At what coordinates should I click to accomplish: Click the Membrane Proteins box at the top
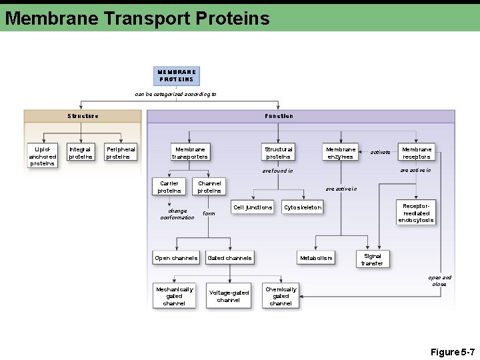click(177, 75)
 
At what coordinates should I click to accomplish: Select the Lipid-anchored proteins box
click(43, 155)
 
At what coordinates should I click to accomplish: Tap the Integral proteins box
click(81, 153)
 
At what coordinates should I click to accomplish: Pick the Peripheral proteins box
click(121, 153)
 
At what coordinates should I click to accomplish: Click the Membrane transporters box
click(190, 153)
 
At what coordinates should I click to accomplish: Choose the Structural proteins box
click(278, 153)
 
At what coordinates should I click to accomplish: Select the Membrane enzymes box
click(340, 153)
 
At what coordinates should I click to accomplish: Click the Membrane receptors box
click(416, 153)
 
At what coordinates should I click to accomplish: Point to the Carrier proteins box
click(169, 187)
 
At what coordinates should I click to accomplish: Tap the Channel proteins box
click(209, 187)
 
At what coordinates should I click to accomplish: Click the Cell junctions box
click(253, 207)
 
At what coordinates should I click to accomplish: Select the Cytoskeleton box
click(303, 207)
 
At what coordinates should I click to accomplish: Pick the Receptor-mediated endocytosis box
click(416, 212)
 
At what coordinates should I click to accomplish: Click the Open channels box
click(176, 258)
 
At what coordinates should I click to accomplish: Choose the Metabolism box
click(316, 258)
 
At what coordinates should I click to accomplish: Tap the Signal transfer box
click(372, 259)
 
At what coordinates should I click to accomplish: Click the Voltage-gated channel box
click(229, 296)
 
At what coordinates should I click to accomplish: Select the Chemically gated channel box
click(281, 296)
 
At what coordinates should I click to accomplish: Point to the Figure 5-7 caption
click(452, 351)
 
